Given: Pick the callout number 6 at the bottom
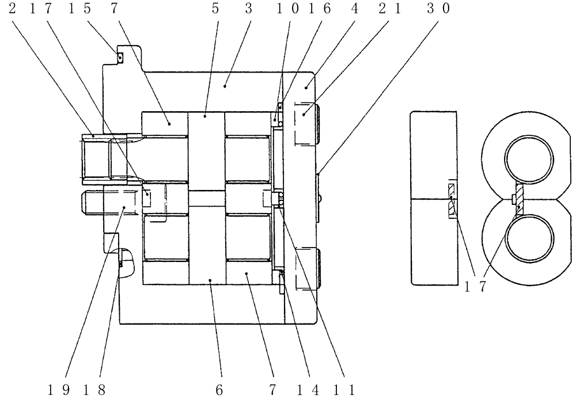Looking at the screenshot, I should pos(219,390).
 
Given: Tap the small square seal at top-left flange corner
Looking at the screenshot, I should pos(120,57).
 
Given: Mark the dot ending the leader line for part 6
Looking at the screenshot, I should pos(211,280).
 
